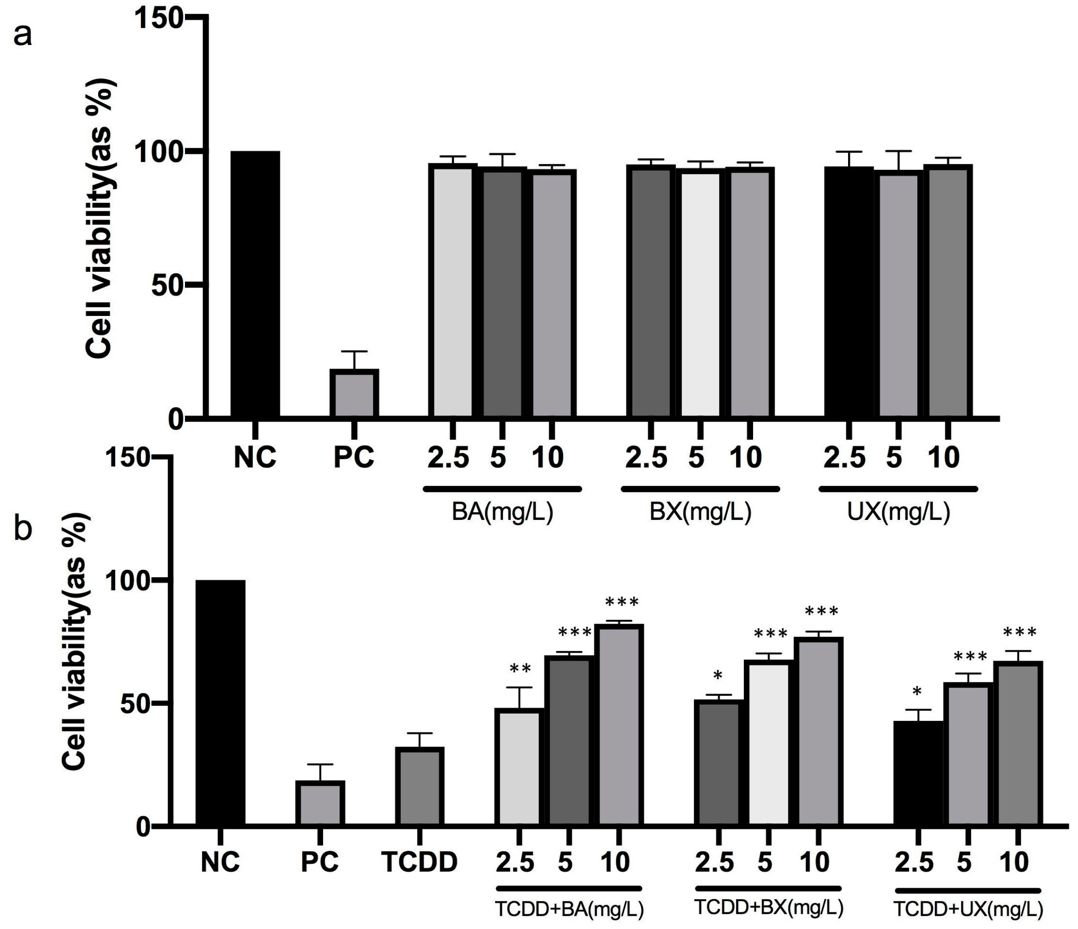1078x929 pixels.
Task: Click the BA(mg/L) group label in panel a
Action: point(502,512)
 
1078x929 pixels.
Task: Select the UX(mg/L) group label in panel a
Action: point(898,512)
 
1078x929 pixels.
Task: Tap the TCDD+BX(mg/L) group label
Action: point(768,908)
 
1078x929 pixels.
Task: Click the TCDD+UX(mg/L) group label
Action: point(968,909)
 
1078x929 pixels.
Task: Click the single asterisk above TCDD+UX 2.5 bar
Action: point(917,692)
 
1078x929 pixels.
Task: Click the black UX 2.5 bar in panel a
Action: point(849,292)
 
